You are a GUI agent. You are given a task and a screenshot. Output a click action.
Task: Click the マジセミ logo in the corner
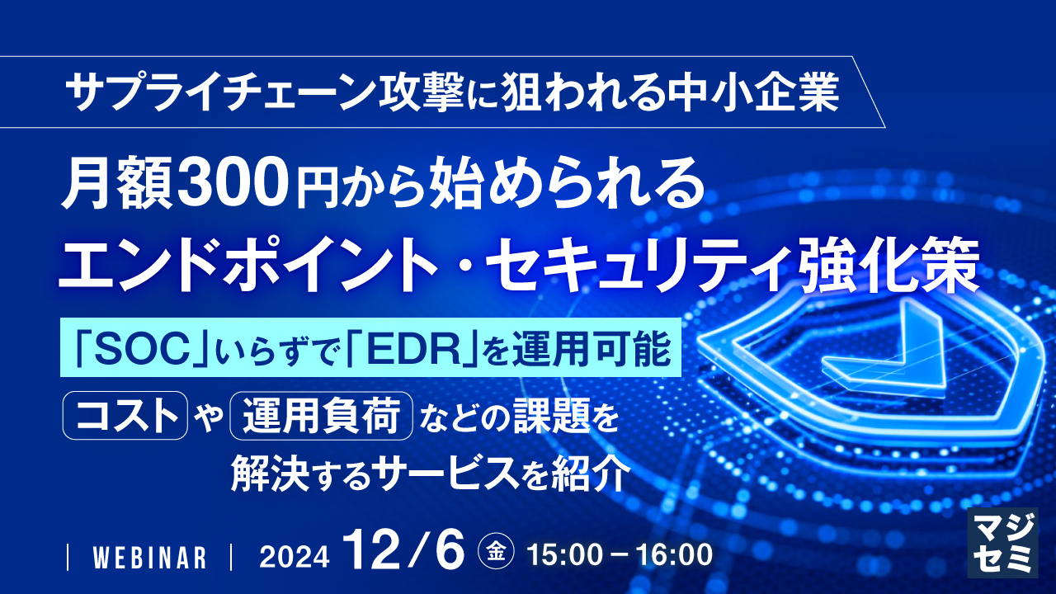coord(1002,541)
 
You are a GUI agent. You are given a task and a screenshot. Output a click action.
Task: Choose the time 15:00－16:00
coord(624,555)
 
